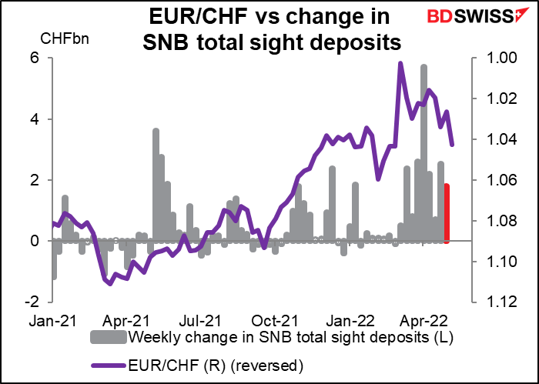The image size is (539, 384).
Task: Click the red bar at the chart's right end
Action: point(447,213)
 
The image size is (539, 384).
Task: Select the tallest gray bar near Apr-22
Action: point(423,154)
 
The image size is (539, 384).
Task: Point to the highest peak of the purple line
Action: point(400,64)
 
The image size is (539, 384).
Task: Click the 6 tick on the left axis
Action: point(36,58)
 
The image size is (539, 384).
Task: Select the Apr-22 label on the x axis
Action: point(418,319)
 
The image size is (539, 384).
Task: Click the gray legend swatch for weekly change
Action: point(110,338)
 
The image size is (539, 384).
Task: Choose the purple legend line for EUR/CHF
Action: point(110,362)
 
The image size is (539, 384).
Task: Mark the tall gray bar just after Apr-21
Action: point(156,185)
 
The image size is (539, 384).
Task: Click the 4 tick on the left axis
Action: point(36,119)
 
